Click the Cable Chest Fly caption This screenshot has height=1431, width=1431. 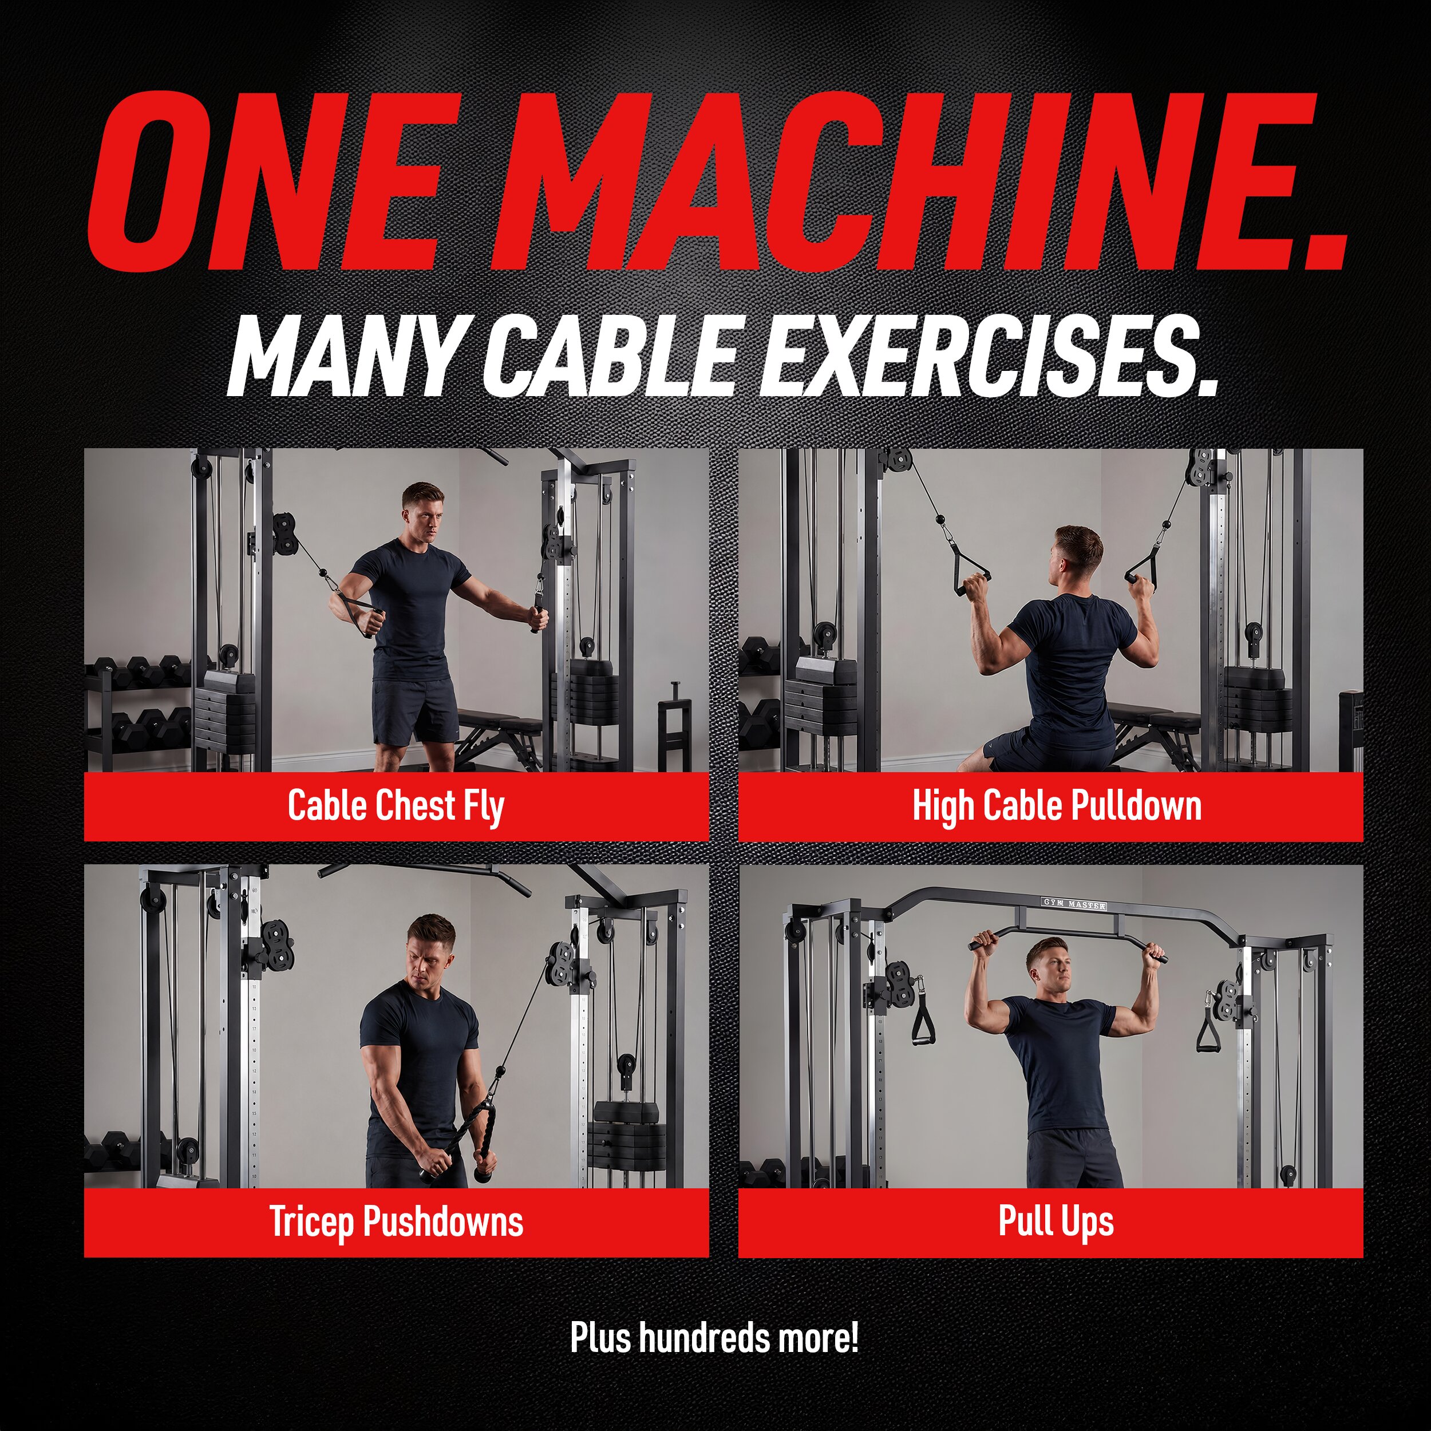(396, 806)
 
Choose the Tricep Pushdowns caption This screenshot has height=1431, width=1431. (396, 1222)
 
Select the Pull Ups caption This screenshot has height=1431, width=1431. (1056, 1222)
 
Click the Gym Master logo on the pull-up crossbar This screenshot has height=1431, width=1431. (1074, 904)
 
